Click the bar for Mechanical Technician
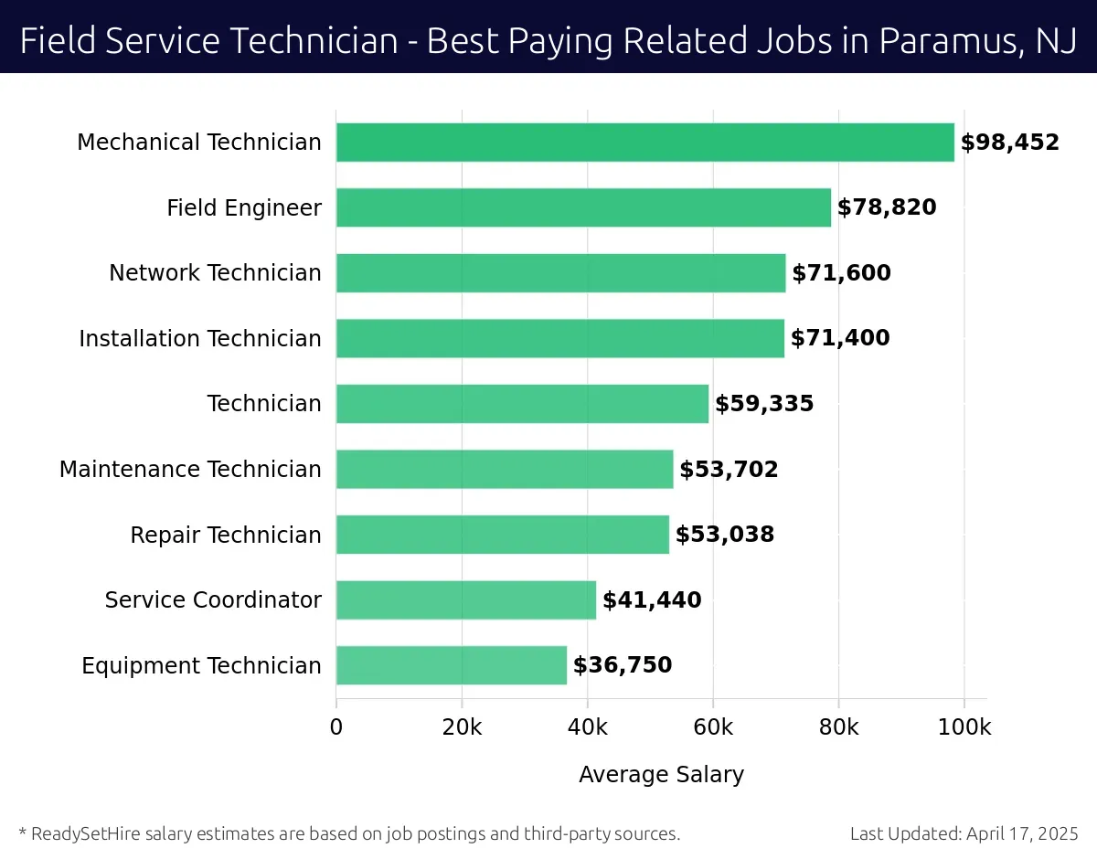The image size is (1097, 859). click(x=644, y=143)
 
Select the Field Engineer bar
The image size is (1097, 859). click(x=583, y=207)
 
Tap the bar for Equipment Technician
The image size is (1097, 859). click(x=452, y=665)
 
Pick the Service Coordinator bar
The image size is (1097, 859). click(x=466, y=600)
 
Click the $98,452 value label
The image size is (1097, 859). click(x=1009, y=143)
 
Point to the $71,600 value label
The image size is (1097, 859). click(x=841, y=273)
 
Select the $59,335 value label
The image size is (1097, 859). click(x=764, y=404)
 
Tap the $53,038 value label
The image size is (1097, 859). click(x=725, y=535)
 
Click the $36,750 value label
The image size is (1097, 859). click(x=623, y=665)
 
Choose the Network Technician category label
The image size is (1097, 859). click(x=215, y=273)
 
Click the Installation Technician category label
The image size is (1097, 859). click(x=200, y=339)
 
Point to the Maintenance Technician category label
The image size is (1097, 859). click(x=190, y=470)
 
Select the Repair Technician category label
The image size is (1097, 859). click(x=226, y=535)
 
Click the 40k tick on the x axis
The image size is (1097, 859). click(x=587, y=727)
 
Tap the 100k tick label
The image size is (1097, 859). click(x=964, y=727)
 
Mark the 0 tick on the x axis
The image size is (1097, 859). click(x=336, y=727)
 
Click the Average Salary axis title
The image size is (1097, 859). click(x=661, y=775)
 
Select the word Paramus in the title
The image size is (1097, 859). click(x=945, y=41)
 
